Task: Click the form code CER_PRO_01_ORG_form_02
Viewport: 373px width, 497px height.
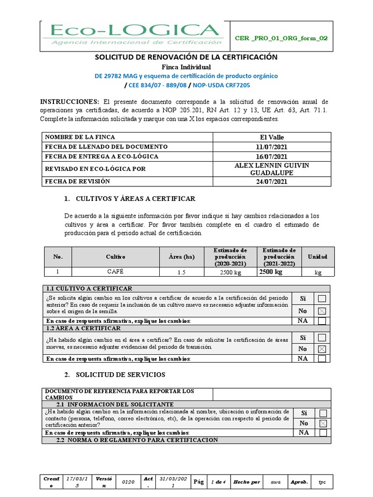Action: click(x=280, y=38)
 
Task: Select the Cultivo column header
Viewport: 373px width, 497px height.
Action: click(x=116, y=257)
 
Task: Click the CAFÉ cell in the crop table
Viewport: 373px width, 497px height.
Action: click(x=116, y=272)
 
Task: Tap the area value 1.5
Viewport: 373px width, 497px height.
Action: click(x=181, y=272)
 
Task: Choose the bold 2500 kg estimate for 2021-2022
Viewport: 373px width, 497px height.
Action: click(x=271, y=272)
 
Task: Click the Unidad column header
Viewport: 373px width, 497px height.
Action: click(x=318, y=257)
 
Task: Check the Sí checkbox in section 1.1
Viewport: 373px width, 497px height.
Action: click(x=322, y=298)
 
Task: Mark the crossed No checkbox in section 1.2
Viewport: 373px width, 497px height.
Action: click(x=322, y=349)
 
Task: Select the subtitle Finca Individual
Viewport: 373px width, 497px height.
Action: click(x=186, y=66)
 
